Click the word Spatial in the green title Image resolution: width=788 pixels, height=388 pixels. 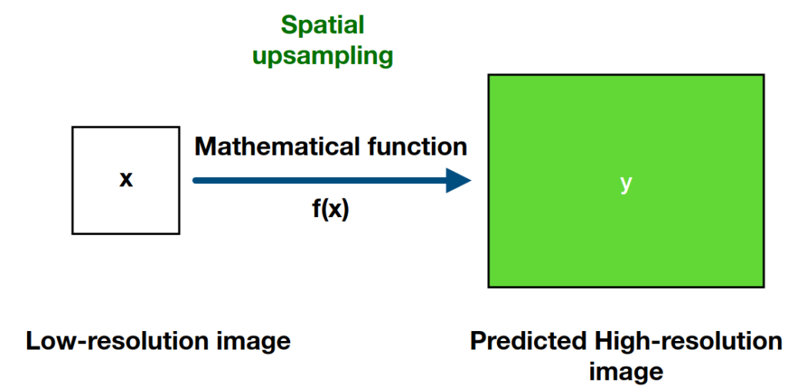[x=322, y=25]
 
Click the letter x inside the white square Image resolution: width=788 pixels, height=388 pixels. [x=126, y=180]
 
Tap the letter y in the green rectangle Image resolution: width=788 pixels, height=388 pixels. [x=626, y=183]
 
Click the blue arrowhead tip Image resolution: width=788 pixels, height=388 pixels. [x=470, y=181]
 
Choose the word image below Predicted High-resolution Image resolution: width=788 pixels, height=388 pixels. [x=626, y=371]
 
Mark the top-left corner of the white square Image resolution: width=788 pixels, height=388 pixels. [x=72, y=128]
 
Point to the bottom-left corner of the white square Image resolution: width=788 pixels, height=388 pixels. [x=72, y=233]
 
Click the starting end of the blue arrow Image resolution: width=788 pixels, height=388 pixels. [x=195, y=181]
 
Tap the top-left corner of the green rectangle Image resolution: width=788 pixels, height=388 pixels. [x=488, y=74]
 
